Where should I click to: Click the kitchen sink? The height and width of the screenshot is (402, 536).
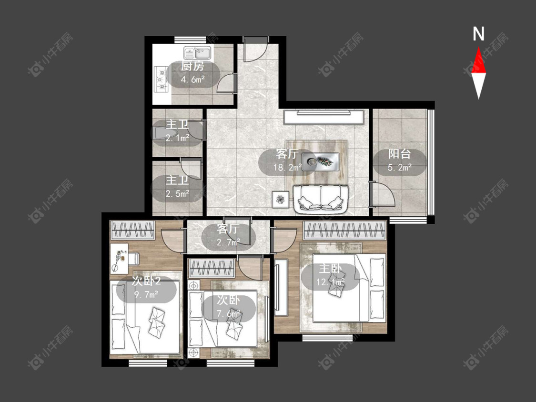(x=198, y=53)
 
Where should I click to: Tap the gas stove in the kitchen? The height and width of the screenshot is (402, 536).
(x=162, y=80)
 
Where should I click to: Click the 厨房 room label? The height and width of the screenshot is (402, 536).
(x=192, y=66)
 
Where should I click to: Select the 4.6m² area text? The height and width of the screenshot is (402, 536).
(x=192, y=80)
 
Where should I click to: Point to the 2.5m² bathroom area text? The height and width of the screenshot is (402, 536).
(x=177, y=194)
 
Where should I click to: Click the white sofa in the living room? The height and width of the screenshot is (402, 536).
(x=321, y=197)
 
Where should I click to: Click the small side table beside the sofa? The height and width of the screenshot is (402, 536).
(x=280, y=199)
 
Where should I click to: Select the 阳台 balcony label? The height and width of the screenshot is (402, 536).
(x=399, y=154)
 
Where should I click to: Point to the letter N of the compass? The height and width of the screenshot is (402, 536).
(x=478, y=34)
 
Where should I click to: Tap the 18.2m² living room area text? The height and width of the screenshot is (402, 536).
(x=287, y=168)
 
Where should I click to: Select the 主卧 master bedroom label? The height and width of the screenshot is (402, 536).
(x=330, y=269)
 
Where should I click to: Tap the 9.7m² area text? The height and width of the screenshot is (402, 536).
(x=146, y=294)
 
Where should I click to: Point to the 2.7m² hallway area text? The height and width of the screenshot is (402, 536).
(x=228, y=242)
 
